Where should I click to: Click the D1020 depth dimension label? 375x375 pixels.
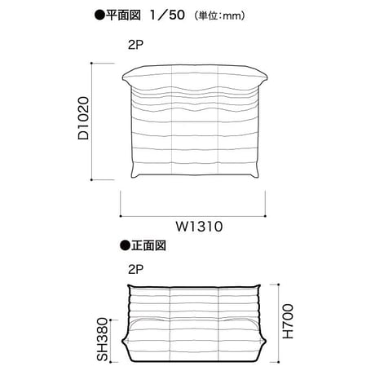pyautogui.click(x=83, y=118)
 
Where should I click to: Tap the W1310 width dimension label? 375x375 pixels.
pyautogui.click(x=200, y=227)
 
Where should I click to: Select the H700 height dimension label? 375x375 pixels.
pyautogui.click(x=288, y=321)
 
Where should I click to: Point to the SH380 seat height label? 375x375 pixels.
pyautogui.click(x=103, y=340)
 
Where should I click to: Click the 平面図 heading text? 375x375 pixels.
pyautogui.click(x=123, y=15)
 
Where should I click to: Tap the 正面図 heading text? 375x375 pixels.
pyautogui.click(x=148, y=245)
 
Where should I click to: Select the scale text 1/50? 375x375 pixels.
pyautogui.click(x=168, y=15)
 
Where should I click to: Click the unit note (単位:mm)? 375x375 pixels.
pyautogui.click(x=220, y=15)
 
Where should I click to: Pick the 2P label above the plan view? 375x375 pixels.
pyautogui.click(x=135, y=45)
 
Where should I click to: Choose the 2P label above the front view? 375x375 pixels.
pyautogui.click(x=135, y=270)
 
